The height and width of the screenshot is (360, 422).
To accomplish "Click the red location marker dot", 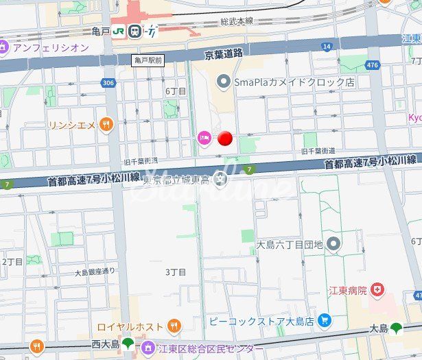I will (224, 139).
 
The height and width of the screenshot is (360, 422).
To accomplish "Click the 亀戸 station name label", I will (100, 31).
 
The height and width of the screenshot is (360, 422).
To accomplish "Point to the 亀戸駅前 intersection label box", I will (148, 61).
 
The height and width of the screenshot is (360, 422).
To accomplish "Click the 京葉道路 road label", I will (224, 53).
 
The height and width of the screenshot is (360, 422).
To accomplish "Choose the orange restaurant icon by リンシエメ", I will (106, 124).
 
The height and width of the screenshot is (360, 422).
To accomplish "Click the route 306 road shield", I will (108, 83).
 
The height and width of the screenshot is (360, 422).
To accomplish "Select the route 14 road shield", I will (327, 47).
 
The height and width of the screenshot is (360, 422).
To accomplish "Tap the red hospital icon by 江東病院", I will (377, 291).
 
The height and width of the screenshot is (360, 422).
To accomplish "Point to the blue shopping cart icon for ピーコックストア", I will (325, 320).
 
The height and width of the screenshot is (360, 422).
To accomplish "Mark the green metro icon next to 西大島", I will (128, 343).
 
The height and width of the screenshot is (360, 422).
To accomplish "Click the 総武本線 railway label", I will (237, 22).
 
